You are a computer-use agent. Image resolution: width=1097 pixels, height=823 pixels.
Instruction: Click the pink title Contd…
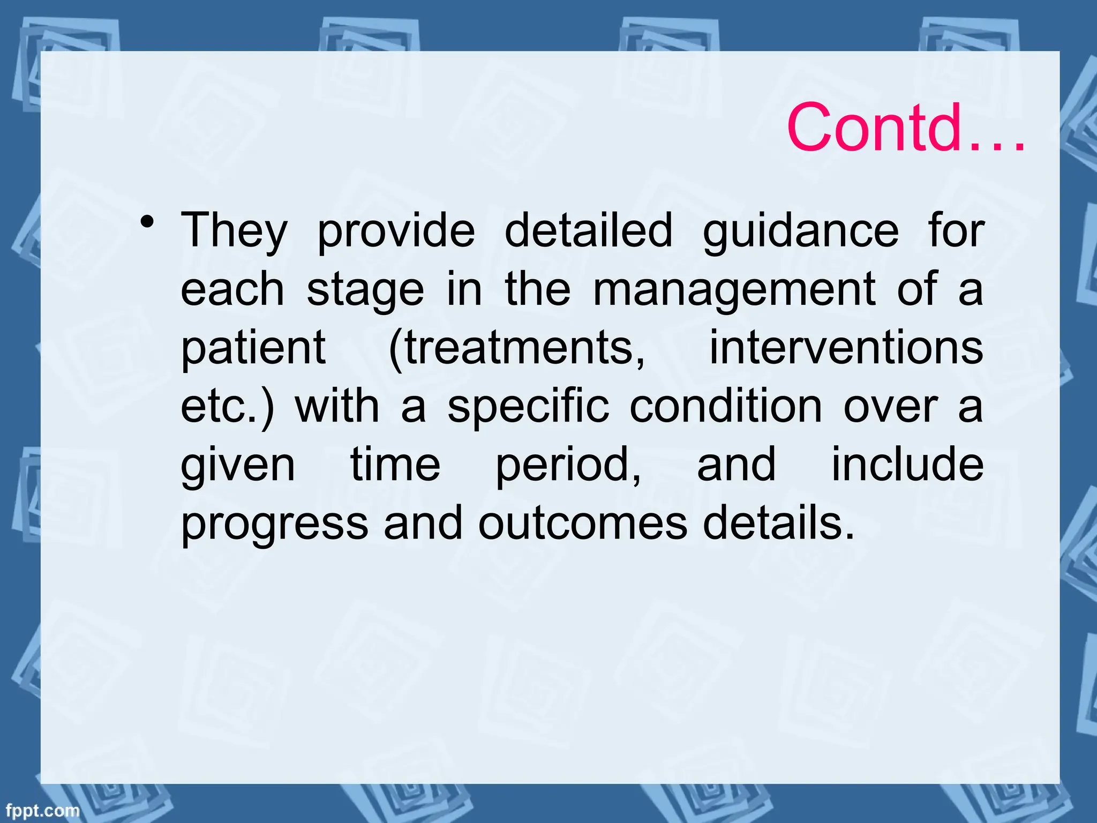(x=905, y=129)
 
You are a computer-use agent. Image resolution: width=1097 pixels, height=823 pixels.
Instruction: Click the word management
(x=734, y=289)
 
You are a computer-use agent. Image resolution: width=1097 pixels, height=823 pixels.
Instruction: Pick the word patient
(x=253, y=348)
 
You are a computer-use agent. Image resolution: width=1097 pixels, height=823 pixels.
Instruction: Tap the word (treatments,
(x=517, y=348)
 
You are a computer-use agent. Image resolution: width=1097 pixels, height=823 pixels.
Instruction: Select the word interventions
(x=846, y=348)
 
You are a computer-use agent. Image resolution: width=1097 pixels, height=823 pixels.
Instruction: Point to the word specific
(x=528, y=406)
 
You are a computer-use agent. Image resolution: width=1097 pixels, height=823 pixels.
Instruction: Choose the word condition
(x=726, y=406)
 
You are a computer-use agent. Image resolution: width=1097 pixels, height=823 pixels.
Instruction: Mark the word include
(x=907, y=464)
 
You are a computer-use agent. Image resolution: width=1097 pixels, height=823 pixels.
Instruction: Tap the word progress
(x=275, y=524)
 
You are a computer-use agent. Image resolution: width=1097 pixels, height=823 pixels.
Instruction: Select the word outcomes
(x=583, y=523)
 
